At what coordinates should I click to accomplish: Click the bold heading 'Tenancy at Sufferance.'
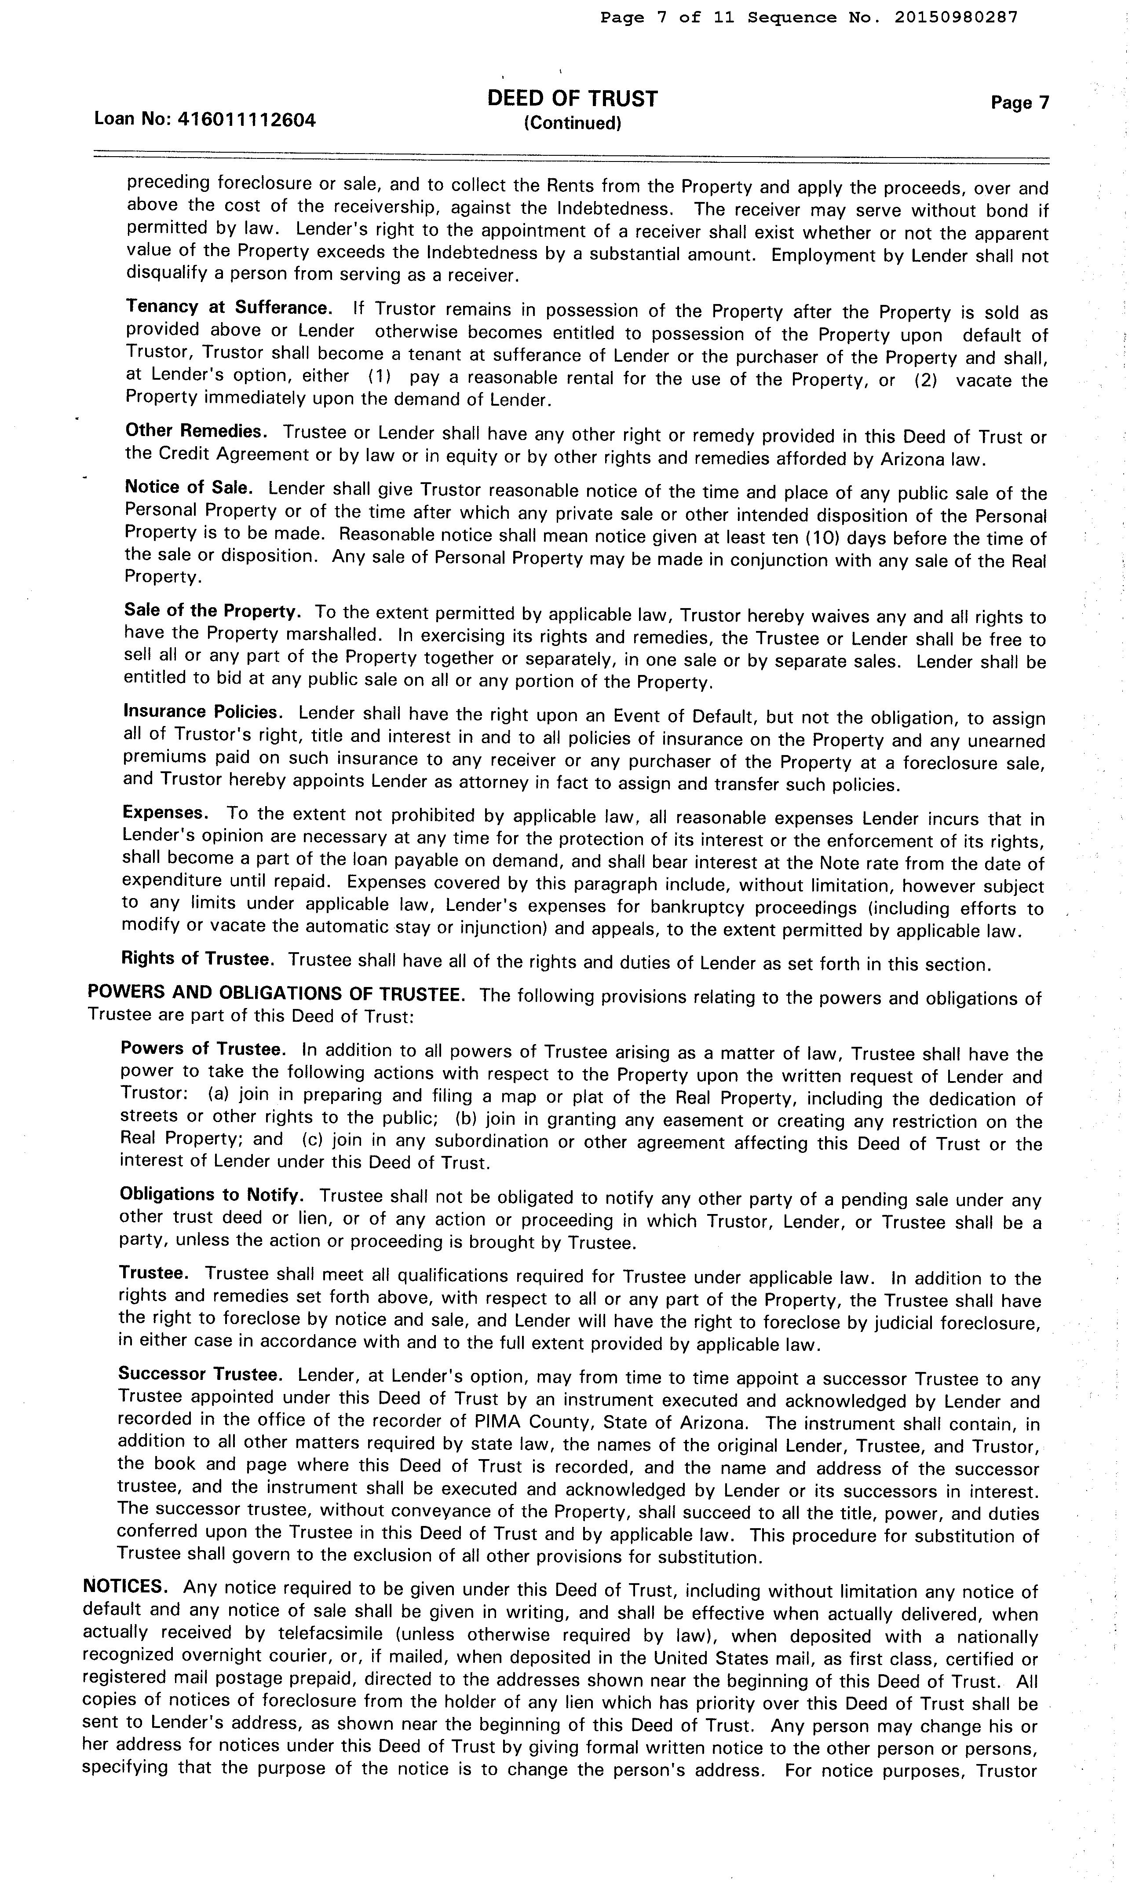click(229, 308)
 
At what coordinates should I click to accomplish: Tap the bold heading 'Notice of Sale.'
click(188, 488)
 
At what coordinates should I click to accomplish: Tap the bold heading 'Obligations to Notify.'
click(211, 1195)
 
